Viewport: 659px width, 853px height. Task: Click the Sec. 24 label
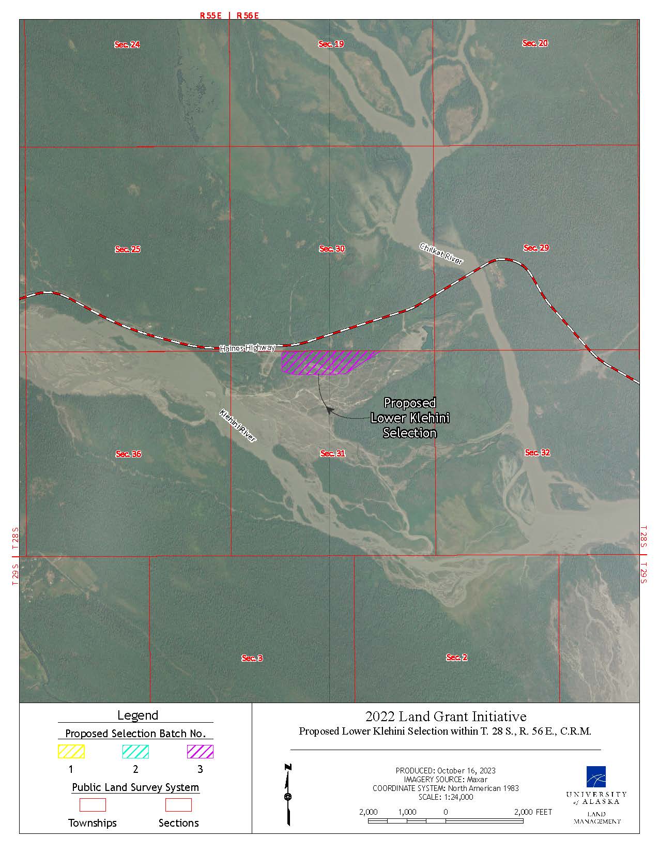(127, 44)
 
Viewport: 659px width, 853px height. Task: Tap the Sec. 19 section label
(331, 44)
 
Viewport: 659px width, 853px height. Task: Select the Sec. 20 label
(535, 43)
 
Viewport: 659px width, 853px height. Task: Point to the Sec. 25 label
(127, 249)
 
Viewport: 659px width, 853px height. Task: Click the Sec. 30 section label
(332, 249)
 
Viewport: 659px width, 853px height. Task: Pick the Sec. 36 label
(128, 454)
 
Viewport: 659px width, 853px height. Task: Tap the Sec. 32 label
(538, 452)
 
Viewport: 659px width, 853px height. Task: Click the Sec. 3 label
(252, 658)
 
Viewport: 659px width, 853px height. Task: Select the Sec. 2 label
(457, 657)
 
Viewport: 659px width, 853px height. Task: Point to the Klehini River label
(238, 425)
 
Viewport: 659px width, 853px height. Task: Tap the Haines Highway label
(247, 348)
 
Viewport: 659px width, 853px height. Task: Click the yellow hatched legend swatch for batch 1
(71, 751)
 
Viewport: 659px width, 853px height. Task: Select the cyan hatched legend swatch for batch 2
(135, 751)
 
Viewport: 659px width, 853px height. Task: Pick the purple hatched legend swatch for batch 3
(200, 751)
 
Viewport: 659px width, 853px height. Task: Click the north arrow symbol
(288, 794)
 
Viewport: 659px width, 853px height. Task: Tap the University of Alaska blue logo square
(596, 776)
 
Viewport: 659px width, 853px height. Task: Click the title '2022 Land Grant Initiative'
(446, 717)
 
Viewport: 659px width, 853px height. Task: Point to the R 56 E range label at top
(248, 16)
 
